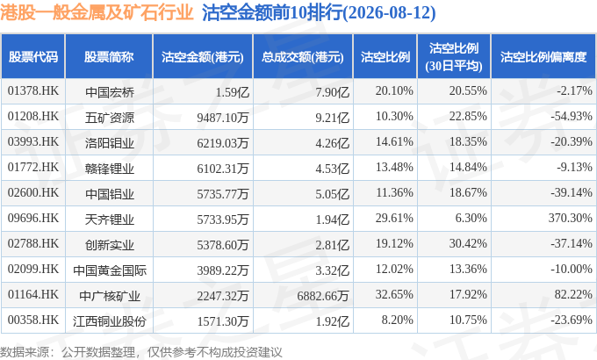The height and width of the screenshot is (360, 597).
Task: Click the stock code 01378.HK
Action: pyautogui.click(x=33, y=91)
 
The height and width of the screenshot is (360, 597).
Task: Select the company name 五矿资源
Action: pyautogui.click(x=109, y=118)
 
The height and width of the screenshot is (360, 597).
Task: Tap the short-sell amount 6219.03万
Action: pyautogui.click(x=223, y=142)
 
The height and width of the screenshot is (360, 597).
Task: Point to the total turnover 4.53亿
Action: pyautogui.click(x=333, y=168)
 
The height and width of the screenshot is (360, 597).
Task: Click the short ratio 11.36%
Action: pyautogui.click(x=394, y=192)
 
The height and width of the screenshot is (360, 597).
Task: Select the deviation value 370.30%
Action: pyautogui.click(x=571, y=218)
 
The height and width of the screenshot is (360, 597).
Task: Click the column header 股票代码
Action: pyautogui.click(x=33, y=57)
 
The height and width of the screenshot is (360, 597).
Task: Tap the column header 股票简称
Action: pyautogui.click(x=109, y=57)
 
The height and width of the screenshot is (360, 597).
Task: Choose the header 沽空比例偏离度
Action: pyautogui.click(x=543, y=57)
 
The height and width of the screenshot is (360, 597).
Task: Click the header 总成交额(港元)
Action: pyautogui.click(x=303, y=57)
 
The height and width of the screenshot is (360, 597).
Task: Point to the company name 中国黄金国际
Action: pyautogui.click(x=110, y=270)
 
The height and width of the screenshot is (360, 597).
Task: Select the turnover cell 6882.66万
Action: pyautogui.click(x=323, y=295)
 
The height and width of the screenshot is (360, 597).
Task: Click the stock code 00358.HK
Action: pyautogui.click(x=33, y=320)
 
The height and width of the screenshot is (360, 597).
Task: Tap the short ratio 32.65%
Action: pyautogui.click(x=394, y=294)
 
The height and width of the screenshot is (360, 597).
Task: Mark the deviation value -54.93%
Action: pyautogui.click(x=572, y=116)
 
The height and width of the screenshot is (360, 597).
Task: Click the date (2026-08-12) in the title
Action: pyautogui.click(x=390, y=13)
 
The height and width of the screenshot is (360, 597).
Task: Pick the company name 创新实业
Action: pyautogui.click(x=109, y=245)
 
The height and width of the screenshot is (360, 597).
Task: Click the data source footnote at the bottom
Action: pyautogui.click(x=141, y=352)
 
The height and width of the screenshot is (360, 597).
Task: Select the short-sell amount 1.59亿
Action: pyautogui.click(x=233, y=92)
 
